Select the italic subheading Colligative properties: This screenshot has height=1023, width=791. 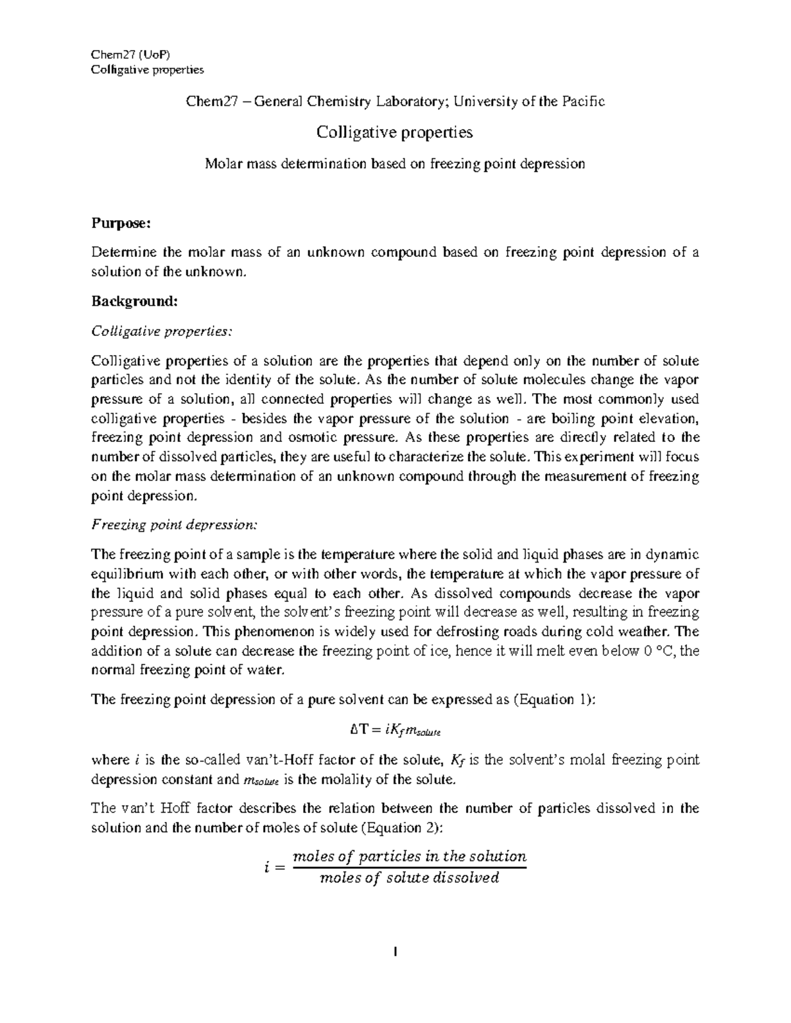[x=161, y=331]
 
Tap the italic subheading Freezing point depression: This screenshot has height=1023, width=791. [x=175, y=525]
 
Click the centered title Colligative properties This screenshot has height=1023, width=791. [x=395, y=132]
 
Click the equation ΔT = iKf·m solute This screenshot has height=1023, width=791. [x=395, y=730]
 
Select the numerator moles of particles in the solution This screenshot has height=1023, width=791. [x=409, y=856]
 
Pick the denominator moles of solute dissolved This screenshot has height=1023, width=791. [x=409, y=878]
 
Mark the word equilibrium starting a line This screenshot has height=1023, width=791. [x=125, y=574]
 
